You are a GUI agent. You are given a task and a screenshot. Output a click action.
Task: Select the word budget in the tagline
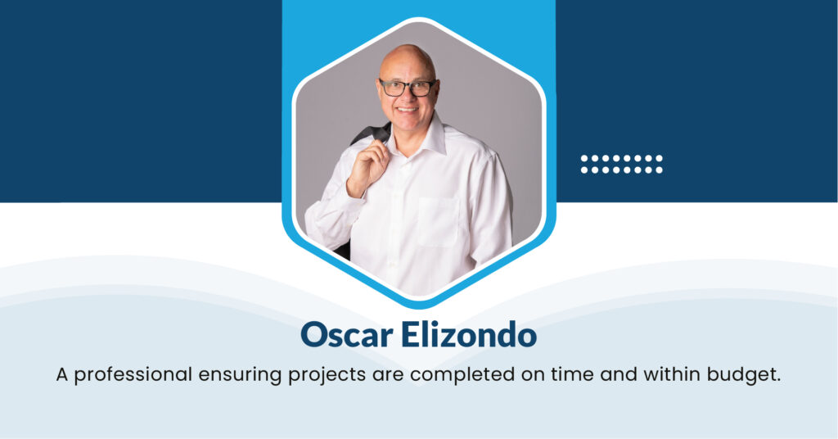click(746, 375)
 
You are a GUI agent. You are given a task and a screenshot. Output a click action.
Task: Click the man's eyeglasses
click(408, 87)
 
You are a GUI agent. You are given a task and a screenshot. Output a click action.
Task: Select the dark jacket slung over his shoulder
click(372, 134)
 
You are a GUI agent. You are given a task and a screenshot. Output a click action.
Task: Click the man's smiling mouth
click(408, 110)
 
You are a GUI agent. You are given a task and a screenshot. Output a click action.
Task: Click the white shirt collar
click(426, 136)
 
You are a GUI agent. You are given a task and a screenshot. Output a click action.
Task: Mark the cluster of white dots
click(622, 164)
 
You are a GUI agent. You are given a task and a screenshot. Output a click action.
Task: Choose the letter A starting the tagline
click(62, 375)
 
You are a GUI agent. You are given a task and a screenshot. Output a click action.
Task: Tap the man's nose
click(408, 97)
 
